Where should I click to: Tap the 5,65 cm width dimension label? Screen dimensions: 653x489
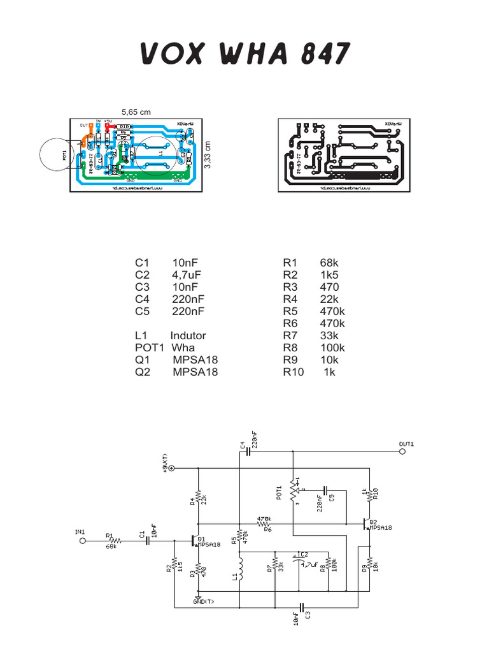pos(136,112)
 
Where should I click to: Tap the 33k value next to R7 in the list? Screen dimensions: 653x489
pos(330,335)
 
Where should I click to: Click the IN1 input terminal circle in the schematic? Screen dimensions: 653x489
pos(82,541)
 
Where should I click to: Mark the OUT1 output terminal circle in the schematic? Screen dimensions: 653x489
pos(402,451)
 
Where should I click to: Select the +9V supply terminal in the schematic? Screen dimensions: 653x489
pos(171,468)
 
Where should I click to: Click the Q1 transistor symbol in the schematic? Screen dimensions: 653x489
pos(196,541)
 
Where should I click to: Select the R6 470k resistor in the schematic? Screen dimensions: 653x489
pos(266,524)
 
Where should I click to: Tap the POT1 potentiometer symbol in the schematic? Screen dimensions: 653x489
pos(293,490)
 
